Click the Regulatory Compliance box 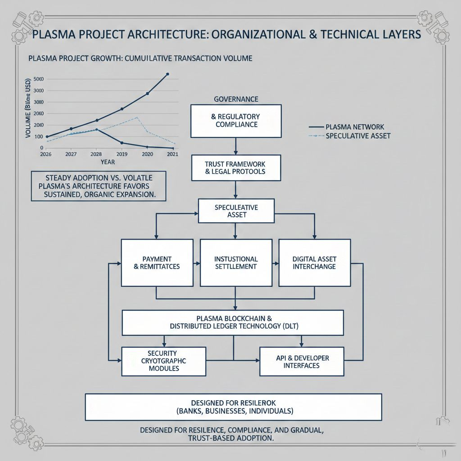pyautogui.click(x=236, y=121)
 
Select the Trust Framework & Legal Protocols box pyautogui.click(x=236, y=167)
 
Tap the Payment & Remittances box pyautogui.click(x=157, y=262)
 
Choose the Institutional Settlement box pyautogui.click(x=236, y=262)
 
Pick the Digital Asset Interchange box pyautogui.click(x=314, y=262)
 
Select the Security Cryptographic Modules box pyautogui.click(x=163, y=361)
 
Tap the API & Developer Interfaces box pyautogui.click(x=302, y=361)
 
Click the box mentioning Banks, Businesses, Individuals pyautogui.click(x=234, y=407)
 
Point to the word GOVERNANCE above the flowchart pyautogui.click(x=236, y=99)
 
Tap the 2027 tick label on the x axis pyautogui.click(x=71, y=154)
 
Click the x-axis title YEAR pyautogui.click(x=108, y=162)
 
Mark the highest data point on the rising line pyautogui.click(x=167, y=74)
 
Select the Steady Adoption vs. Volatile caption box pyautogui.click(x=98, y=185)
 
